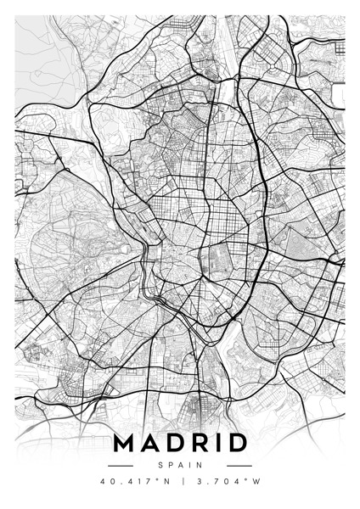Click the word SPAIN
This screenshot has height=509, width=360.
click(180, 465)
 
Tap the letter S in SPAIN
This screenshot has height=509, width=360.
click(161, 465)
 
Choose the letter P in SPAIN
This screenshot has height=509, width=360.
click(171, 465)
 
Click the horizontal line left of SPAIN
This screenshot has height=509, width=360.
click(121, 465)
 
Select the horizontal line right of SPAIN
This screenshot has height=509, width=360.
click(239, 465)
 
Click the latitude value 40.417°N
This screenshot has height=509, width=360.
click(133, 483)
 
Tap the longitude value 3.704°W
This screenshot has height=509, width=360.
click(224, 483)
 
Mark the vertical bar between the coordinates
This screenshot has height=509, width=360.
click(180, 483)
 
